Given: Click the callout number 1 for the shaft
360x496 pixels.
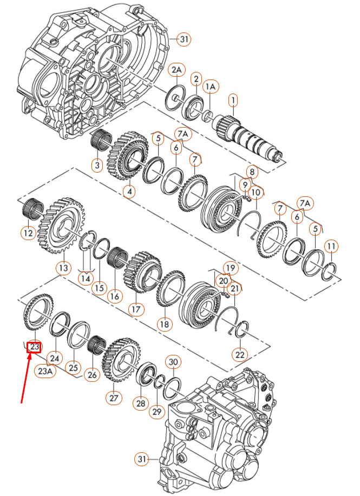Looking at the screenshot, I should click(233, 100).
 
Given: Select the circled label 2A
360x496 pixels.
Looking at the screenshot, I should click(177, 70).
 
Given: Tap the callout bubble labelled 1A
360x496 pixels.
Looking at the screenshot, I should click(211, 86).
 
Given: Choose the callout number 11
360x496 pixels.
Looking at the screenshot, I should click(331, 247).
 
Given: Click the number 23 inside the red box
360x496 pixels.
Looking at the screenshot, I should click(35, 346).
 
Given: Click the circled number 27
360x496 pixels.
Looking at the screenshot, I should click(113, 398).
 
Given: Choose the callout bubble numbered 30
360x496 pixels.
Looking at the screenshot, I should click(173, 362).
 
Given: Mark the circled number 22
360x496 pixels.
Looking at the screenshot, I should click(239, 354).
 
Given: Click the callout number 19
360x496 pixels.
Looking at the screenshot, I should click(230, 268).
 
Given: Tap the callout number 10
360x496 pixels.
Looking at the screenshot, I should click(256, 191).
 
